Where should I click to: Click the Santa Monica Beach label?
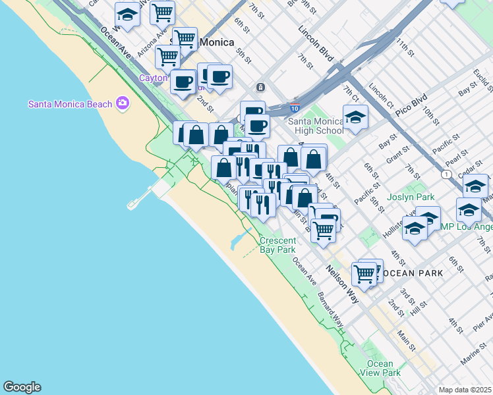point(71,103)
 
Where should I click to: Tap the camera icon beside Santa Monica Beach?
point(122,103)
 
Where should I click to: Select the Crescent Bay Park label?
point(277,245)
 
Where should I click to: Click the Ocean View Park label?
point(380,368)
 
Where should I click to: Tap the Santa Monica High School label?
point(316,125)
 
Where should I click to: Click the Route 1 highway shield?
point(448,174)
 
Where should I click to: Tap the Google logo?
point(22,387)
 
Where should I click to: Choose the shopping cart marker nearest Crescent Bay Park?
point(323,230)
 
